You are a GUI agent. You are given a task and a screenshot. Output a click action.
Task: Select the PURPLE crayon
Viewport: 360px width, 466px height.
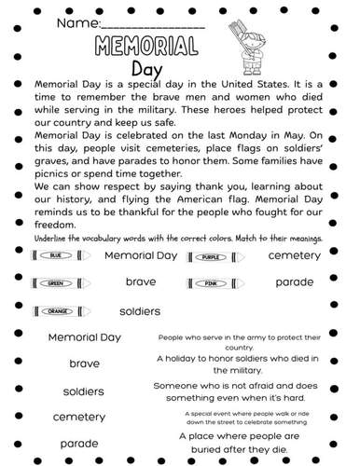coord(212,255)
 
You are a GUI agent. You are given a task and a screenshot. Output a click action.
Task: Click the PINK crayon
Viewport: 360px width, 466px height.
coord(212,282)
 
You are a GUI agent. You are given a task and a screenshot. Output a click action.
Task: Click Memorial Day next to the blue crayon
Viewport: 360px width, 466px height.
coord(140,255)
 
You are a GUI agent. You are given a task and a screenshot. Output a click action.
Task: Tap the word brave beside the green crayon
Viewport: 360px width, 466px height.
coord(140,281)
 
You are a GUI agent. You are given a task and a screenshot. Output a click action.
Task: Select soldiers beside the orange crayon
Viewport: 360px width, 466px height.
coord(140,309)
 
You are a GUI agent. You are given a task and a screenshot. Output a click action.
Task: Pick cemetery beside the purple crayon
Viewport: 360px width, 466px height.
coord(294,254)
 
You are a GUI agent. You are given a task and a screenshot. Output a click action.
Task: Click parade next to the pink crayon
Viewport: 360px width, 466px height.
coord(294,281)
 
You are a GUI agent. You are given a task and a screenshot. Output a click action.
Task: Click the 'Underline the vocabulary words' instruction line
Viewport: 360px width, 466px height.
coord(177,237)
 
